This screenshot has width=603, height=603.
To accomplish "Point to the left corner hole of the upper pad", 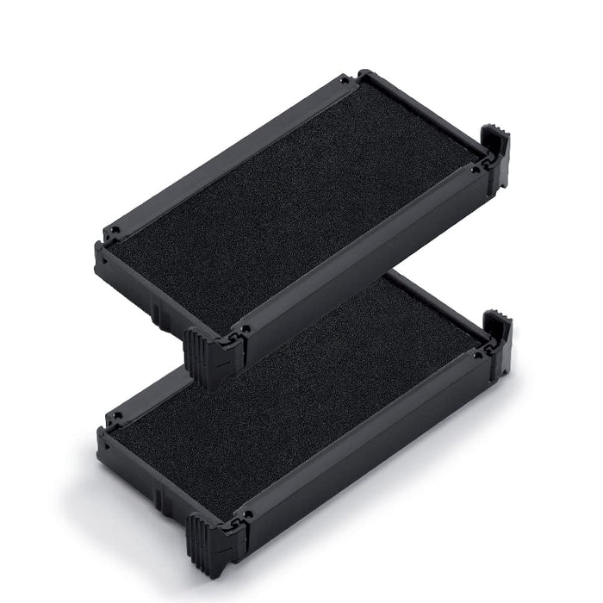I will [x=110, y=233].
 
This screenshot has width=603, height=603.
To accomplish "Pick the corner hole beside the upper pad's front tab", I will [x=246, y=329].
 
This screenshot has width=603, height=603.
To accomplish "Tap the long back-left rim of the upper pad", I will [x=224, y=155].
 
